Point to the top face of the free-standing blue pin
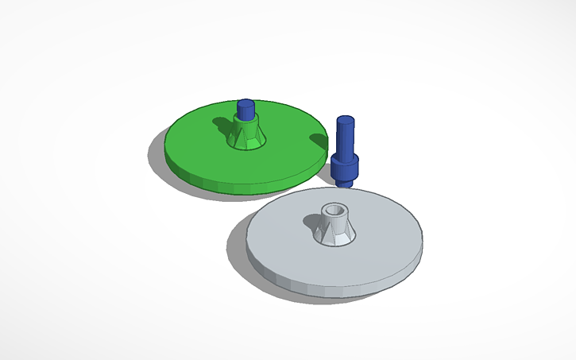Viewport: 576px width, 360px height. pyautogui.click(x=345, y=121)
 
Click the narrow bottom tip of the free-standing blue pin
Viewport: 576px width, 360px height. pyautogui.click(x=346, y=183)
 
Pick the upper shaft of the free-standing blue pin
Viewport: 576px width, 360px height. pyautogui.click(x=345, y=137)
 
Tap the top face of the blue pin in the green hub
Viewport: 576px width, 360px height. pyautogui.click(x=246, y=103)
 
